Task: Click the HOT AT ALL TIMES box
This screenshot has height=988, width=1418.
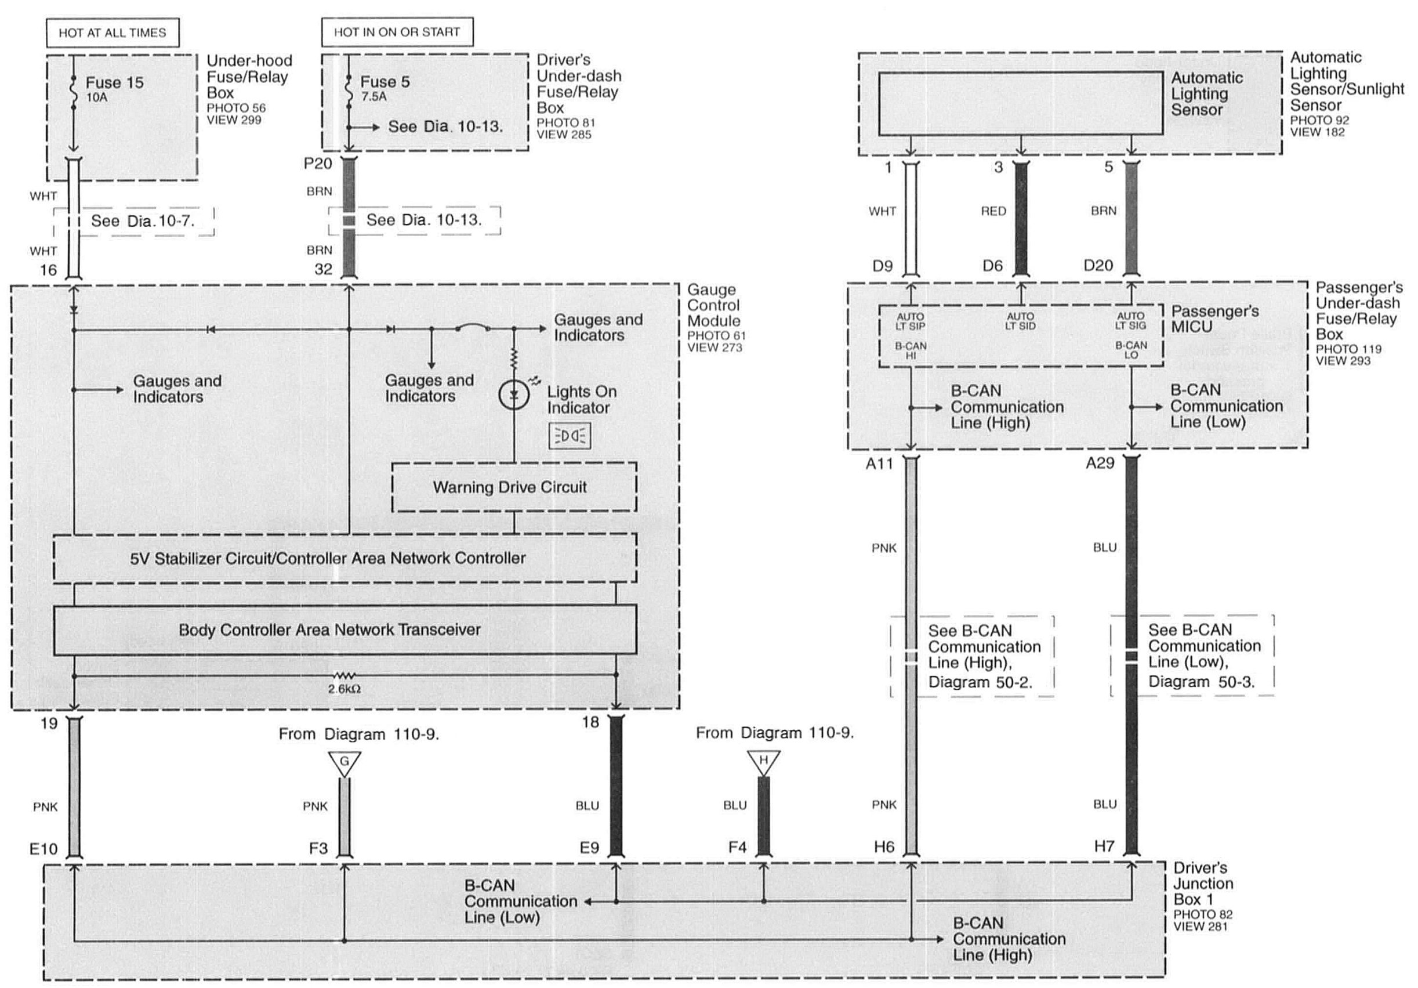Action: click(113, 32)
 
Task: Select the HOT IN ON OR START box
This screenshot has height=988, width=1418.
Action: click(397, 32)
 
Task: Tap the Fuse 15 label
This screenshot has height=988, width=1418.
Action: click(114, 83)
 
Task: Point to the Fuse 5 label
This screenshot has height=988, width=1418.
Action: click(385, 82)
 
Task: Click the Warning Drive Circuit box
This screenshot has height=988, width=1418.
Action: click(514, 487)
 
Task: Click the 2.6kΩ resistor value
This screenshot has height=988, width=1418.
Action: click(344, 689)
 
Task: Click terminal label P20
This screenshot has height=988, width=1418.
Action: click(318, 164)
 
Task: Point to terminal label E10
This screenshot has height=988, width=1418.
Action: click(43, 848)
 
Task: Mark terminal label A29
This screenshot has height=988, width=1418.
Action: click(1100, 464)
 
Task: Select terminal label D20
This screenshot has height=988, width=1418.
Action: click(1098, 266)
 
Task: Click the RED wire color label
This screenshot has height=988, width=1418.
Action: click(993, 211)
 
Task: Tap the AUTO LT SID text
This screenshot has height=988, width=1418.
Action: click(1020, 321)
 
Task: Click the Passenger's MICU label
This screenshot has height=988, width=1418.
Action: click(1214, 319)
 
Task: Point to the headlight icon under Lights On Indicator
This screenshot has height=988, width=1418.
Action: click(570, 436)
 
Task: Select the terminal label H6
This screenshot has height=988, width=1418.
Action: click(884, 847)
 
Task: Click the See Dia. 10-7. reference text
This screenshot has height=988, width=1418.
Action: click(143, 221)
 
